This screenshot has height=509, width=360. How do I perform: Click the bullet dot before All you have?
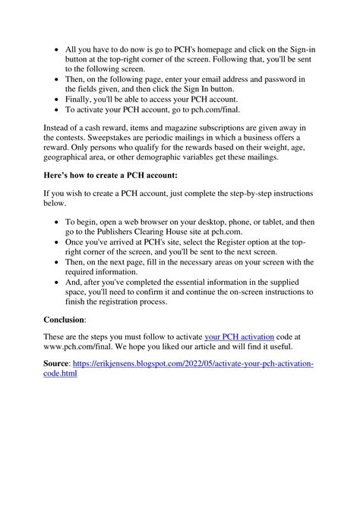pos(59,49)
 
